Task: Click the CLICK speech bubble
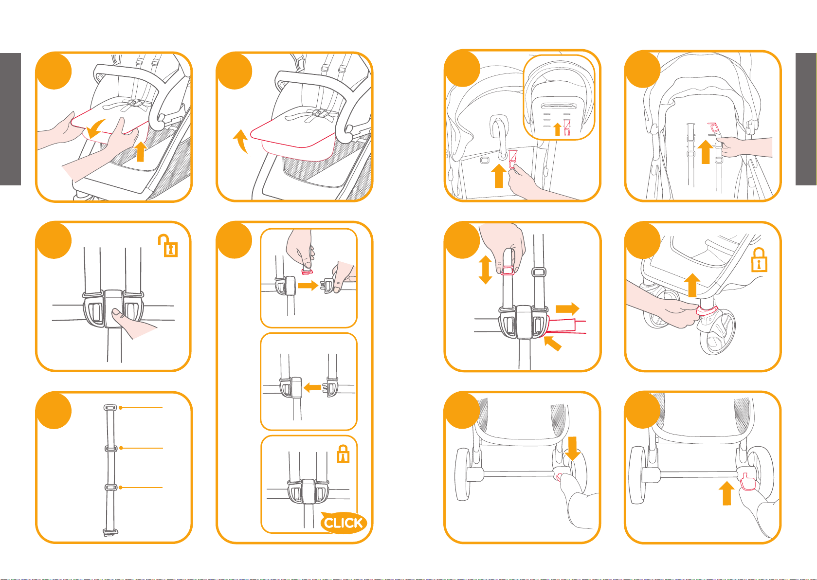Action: pyautogui.click(x=343, y=523)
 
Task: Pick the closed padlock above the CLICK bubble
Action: pyautogui.click(x=343, y=454)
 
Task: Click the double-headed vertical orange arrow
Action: pyautogui.click(x=485, y=270)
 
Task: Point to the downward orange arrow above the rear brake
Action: pyautogui.click(x=572, y=448)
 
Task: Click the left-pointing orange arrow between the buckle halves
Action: pyautogui.click(x=312, y=387)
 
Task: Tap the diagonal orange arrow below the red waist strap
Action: pyautogui.click(x=552, y=343)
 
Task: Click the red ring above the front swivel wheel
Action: pyautogui.click(x=707, y=311)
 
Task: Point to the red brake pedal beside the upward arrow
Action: pyautogui.click(x=748, y=481)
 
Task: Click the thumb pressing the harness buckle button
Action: pyautogui.click(x=119, y=313)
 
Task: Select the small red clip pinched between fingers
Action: pyautogui.click(x=307, y=272)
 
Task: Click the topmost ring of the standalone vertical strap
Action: pyautogui.click(x=110, y=407)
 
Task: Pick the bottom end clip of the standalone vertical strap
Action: pyautogui.click(x=110, y=533)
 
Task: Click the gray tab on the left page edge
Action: pyautogui.click(x=10, y=119)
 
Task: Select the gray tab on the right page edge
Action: pyautogui.click(x=806, y=119)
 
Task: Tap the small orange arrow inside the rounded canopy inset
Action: pyautogui.click(x=557, y=129)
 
